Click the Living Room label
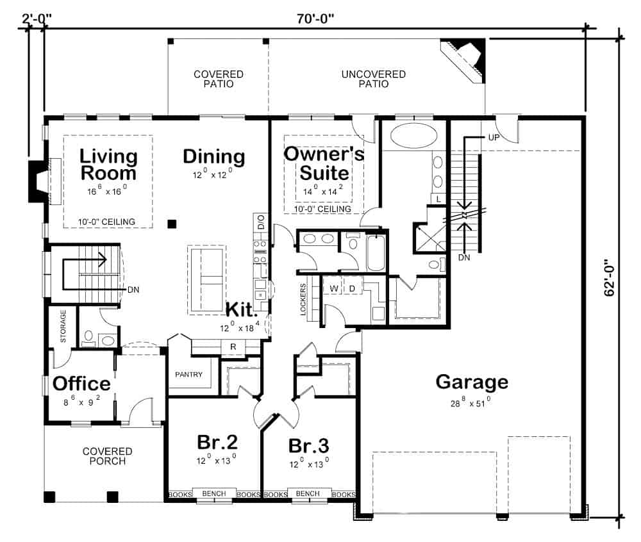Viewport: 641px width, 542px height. coord(108,165)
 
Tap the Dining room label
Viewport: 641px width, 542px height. coord(213,156)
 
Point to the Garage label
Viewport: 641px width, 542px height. coord(472,382)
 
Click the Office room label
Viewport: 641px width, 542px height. coord(81,384)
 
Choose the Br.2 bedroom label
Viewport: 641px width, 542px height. coord(217,443)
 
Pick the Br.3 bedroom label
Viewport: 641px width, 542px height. coord(309,445)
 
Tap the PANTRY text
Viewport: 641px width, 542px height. coord(188,375)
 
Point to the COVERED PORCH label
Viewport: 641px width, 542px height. coord(107,456)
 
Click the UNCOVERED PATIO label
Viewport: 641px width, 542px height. coord(374,79)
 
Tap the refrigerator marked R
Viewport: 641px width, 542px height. coord(233,347)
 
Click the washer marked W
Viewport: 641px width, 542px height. coord(334,288)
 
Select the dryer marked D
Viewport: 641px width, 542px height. coord(352,288)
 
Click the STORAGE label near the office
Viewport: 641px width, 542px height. coord(63,327)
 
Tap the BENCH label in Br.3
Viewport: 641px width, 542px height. coord(309,494)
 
